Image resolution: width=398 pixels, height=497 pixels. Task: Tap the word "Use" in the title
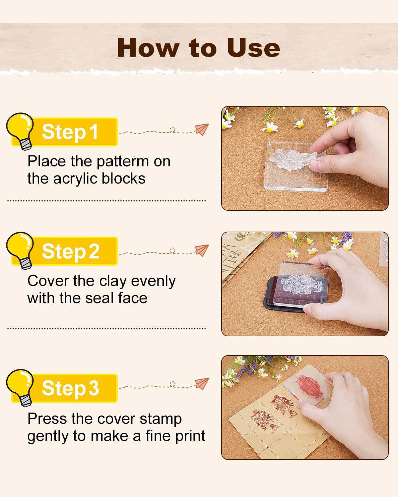coord(253,48)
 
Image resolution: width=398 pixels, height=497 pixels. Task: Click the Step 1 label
coord(70,132)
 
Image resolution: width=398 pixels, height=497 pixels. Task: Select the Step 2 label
coord(70,251)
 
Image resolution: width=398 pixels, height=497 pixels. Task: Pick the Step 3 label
coord(70,388)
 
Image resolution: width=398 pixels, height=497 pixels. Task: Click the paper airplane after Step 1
coord(202,129)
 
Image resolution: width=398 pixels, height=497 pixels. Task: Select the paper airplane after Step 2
coord(202,250)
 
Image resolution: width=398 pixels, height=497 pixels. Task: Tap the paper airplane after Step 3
coord(202,383)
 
